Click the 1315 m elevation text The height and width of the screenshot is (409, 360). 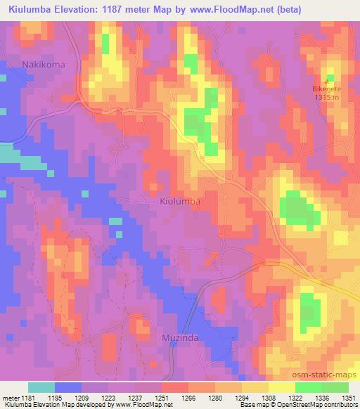tap(330, 98)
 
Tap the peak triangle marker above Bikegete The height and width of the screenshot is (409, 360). tap(330, 78)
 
